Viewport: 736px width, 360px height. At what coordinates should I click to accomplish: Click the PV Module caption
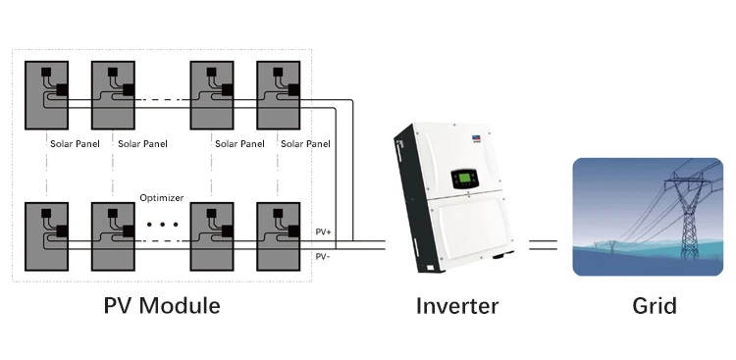tap(162, 306)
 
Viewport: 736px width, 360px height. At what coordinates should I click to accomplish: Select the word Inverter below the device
tap(456, 306)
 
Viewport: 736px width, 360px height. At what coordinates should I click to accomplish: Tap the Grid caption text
tap(654, 306)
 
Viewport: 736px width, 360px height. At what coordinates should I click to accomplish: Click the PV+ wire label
tap(323, 231)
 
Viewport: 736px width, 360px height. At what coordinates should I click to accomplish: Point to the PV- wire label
tap(323, 256)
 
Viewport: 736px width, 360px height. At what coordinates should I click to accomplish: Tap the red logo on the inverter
tap(478, 139)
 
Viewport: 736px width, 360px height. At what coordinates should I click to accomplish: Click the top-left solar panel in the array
tap(46, 95)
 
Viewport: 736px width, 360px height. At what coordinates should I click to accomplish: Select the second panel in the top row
tap(113, 95)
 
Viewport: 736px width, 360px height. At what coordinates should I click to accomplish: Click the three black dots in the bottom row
tap(162, 225)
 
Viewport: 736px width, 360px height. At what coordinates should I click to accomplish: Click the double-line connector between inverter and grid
tap(543, 245)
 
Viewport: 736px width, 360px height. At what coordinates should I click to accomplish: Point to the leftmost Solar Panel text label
tap(74, 143)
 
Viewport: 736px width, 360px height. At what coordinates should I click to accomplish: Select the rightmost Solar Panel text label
tap(304, 143)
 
